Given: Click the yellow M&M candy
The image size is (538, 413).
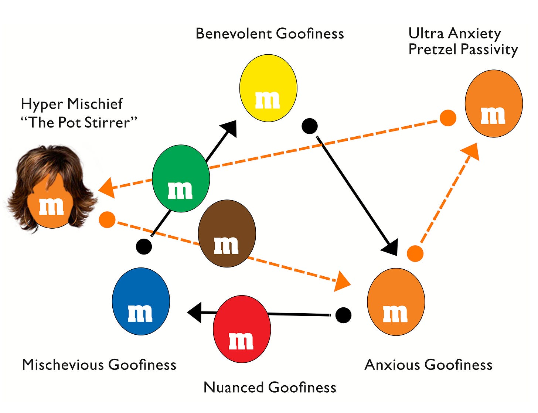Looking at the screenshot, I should tap(268, 88).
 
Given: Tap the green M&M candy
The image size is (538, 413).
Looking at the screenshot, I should tap(181, 178).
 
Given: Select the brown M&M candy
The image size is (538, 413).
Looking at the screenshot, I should tap(227, 233).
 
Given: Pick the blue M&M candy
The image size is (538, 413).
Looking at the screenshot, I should tap(141, 301).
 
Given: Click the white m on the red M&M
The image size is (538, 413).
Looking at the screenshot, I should tap(241, 341).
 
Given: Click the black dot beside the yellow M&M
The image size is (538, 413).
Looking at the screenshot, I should tap(310, 126).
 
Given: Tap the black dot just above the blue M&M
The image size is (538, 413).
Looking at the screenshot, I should tap(144, 246).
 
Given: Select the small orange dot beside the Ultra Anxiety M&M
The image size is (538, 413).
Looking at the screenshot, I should tap(448, 118).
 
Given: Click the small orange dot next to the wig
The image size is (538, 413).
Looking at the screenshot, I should tap(107, 220).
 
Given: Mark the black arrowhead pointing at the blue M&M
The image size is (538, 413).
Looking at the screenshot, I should tap(195, 313).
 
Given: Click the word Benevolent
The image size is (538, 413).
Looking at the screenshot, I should tap(234, 34).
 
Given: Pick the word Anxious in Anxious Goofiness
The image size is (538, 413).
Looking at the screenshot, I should tap(392, 365).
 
